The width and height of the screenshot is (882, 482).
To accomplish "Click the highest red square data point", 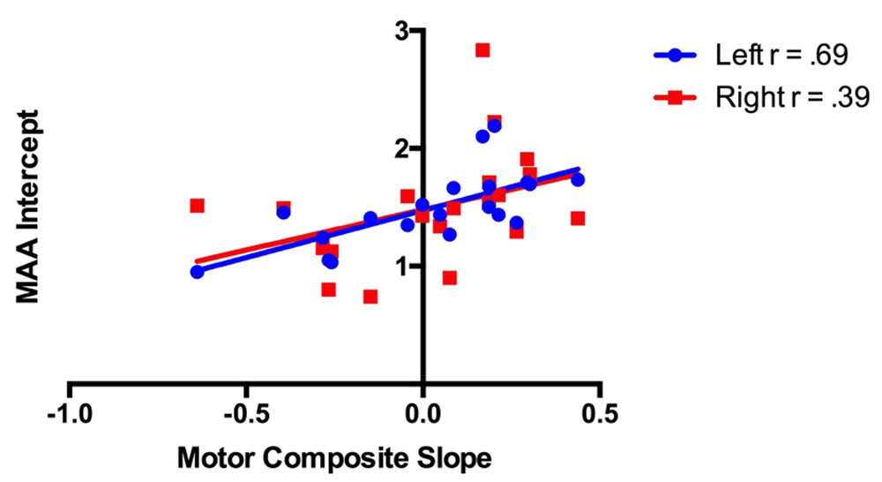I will (482, 50).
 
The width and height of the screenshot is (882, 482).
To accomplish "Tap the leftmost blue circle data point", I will (197, 272).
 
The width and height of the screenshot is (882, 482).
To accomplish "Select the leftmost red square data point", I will (197, 206).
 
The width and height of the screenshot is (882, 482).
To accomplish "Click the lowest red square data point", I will (370, 297).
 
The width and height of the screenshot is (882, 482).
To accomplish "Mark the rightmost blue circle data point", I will (578, 180).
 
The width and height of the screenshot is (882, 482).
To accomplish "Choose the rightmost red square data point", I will (578, 218).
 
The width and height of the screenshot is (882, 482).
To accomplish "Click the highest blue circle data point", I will (494, 126).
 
